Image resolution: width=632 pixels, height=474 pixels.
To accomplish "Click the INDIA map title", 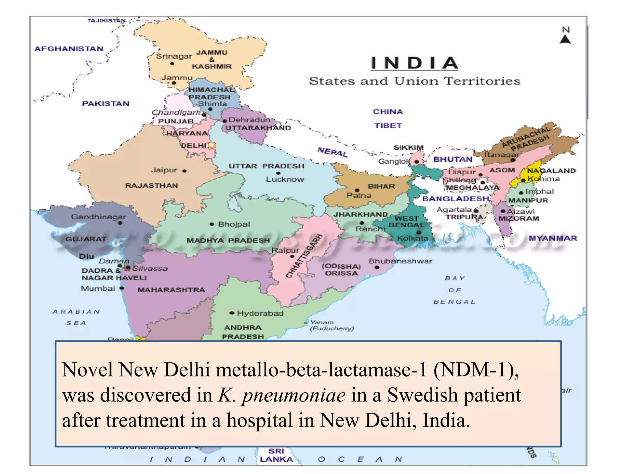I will point(414,63).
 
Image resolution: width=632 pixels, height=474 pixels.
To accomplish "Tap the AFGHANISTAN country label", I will point(69,49).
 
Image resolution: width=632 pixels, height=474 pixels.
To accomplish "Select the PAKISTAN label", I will point(106,104).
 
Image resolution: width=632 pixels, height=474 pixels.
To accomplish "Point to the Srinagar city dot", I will point(172,64).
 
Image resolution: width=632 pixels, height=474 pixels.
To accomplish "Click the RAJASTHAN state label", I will point(152,185).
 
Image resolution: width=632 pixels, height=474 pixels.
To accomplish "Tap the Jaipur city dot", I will point(184,171).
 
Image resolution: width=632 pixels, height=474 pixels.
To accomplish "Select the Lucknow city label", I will point(285,179).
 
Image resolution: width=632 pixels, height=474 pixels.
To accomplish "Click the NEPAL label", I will point(332,152).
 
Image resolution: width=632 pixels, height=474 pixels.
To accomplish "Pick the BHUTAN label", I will point(453,159).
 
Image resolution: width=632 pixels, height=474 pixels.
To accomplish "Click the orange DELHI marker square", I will point(212,145).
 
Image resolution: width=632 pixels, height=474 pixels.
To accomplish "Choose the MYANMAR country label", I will point(553,238).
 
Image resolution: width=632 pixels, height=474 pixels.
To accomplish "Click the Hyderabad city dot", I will point(232,313).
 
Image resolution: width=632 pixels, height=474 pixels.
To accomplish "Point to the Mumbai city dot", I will point(122,288).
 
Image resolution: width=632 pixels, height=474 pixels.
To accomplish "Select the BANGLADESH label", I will point(455,199).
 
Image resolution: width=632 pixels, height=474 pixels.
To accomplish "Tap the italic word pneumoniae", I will point(293,395).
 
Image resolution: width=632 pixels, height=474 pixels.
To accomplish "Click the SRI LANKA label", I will point(276,455).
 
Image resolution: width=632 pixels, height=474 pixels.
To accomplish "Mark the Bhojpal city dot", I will point(212,224).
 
